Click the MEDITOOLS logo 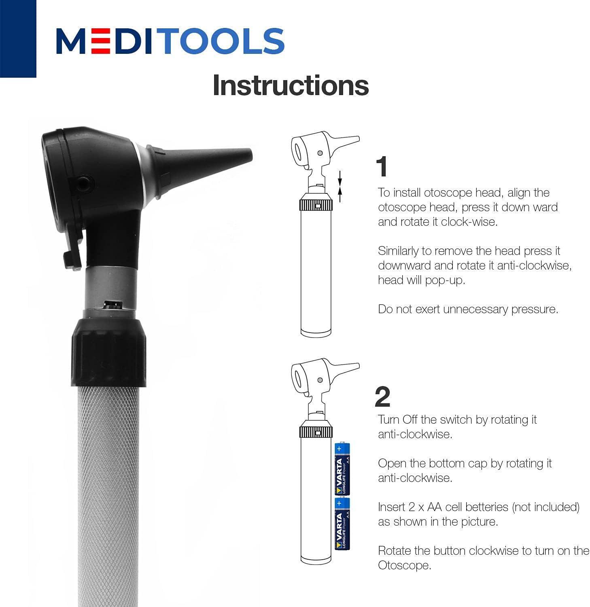[170, 41]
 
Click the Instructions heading [291, 85]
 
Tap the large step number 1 [382, 167]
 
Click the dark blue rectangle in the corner [18, 38]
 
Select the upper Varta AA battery [342, 469]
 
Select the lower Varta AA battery [342, 523]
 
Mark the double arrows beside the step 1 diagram [340, 186]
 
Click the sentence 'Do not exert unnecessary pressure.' [468, 309]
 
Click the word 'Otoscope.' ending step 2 [404, 565]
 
